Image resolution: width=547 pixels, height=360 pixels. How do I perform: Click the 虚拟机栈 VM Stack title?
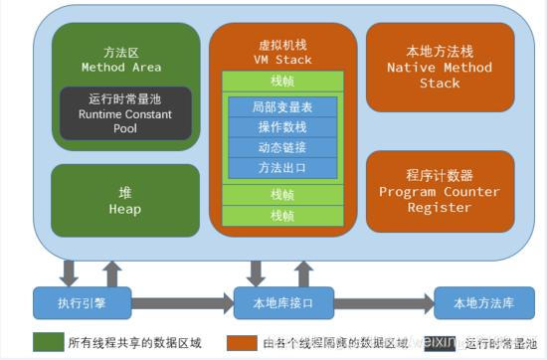point(282,52)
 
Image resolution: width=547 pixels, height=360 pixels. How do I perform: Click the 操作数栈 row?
point(282,127)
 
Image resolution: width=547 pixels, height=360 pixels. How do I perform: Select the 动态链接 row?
point(282,146)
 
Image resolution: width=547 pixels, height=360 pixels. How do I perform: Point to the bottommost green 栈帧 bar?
point(283,215)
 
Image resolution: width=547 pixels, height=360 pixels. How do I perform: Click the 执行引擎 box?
point(82,301)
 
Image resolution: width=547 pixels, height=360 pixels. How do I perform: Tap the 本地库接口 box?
point(283,301)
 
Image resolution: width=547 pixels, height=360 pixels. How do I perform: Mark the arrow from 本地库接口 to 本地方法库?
point(383,301)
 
